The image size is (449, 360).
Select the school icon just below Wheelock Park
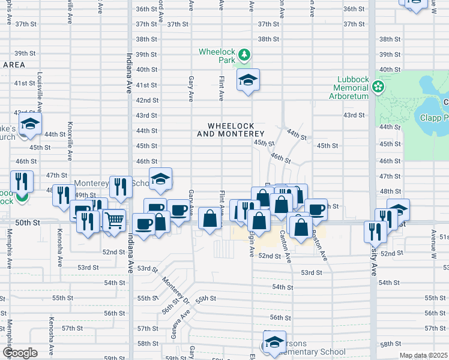(247, 80)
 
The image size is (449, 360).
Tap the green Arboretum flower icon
(378, 88)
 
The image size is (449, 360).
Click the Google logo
(20, 353)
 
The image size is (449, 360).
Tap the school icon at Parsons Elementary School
(274, 341)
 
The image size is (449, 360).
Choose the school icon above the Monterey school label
(160, 178)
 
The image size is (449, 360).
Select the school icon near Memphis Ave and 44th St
(28, 125)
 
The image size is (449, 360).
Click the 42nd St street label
(147, 100)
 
